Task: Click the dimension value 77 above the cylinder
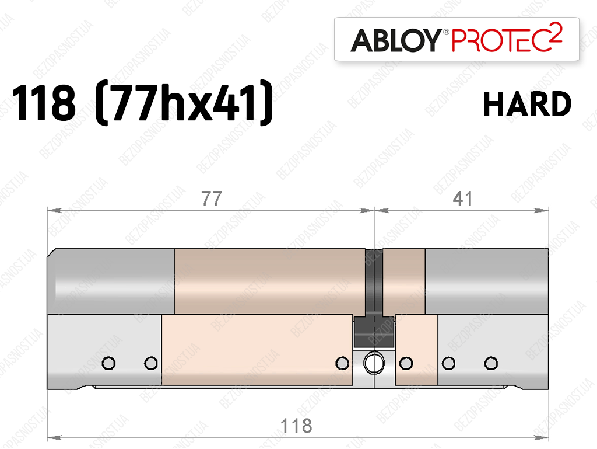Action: (212, 199)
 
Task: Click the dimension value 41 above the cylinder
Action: (462, 199)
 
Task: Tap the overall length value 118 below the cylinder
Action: (296, 426)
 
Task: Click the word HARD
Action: (527, 104)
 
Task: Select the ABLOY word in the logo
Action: (396, 40)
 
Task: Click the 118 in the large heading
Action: (44, 103)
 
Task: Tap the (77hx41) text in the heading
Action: (184, 102)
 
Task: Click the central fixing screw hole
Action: (374, 363)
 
